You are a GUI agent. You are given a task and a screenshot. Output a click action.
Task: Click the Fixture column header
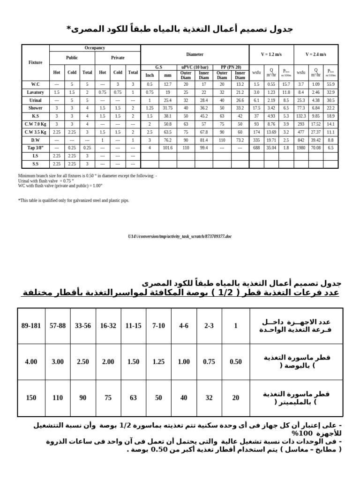pos(35,62)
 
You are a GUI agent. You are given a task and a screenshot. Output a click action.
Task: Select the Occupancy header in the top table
pos(95,48)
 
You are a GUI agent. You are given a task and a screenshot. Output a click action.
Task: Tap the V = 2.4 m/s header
pos(315,54)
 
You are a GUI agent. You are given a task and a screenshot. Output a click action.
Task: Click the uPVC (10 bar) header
pos(195,67)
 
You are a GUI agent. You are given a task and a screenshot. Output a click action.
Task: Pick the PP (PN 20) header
pos(231,67)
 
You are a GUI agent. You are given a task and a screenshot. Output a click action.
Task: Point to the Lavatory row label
pos(35,92)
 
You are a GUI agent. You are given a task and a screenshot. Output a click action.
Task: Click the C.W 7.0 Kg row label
pos(35,124)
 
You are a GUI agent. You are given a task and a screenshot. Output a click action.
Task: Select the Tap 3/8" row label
pos(35,148)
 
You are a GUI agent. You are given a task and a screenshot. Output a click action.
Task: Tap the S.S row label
pos(35,164)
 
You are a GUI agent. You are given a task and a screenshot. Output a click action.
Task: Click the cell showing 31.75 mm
pos(167,108)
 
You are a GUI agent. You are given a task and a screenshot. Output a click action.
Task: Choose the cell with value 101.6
pos(167,148)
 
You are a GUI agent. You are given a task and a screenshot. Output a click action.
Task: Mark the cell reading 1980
pos(301,148)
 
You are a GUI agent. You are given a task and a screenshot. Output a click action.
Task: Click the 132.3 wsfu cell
pos(301,116)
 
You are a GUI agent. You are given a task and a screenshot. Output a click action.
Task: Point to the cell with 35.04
pos(271,148)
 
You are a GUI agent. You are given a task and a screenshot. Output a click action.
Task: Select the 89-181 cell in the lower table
pos(31,326)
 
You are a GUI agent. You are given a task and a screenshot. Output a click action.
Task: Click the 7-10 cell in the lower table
pos(158,326)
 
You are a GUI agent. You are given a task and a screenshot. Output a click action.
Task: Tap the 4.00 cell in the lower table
pos(31,362)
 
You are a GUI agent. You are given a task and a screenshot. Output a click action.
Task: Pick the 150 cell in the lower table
pos(31,398)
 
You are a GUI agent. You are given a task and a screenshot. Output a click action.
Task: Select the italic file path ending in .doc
pos(180,237)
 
